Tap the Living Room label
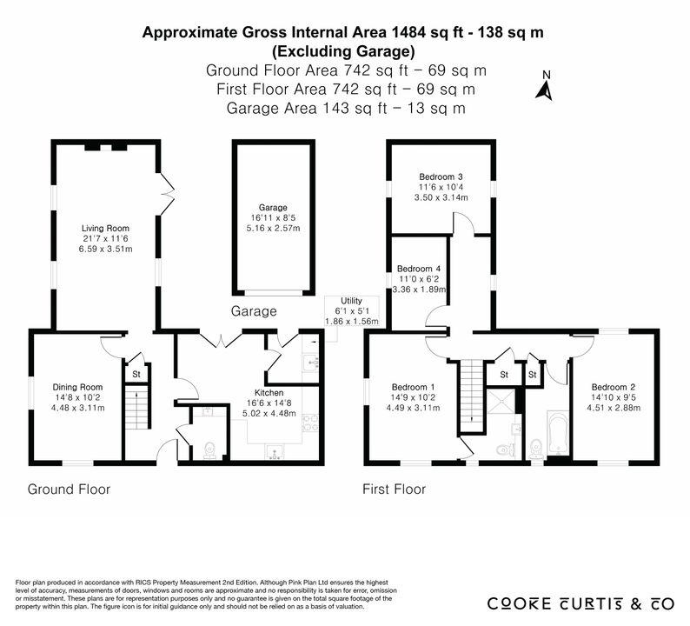(105, 228)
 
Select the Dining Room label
(77, 388)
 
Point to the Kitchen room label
(269, 393)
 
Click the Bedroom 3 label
(441, 177)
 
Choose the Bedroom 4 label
(419, 269)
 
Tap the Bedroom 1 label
(413, 388)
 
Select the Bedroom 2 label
(613, 388)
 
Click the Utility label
(351, 301)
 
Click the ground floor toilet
(210, 450)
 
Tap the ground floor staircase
(136, 406)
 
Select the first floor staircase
(472, 396)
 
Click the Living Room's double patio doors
(167, 193)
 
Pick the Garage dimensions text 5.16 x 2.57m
(273, 229)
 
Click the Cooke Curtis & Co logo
(581, 603)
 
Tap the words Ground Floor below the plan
(69, 489)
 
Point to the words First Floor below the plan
(394, 489)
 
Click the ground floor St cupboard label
(136, 374)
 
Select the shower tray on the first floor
(500, 402)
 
